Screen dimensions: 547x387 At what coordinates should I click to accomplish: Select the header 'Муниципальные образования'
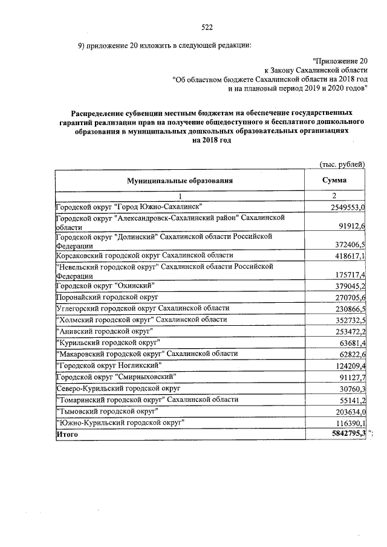(x=180, y=180)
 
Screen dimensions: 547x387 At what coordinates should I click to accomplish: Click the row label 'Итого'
(x=67, y=434)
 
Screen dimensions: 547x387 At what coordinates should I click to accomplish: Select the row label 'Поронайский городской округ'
(x=106, y=297)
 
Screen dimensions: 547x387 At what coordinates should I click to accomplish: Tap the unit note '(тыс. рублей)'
(x=342, y=164)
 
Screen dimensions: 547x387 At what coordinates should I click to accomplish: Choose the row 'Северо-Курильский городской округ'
(x=115, y=389)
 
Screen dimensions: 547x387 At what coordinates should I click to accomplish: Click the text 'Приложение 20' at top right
(x=340, y=60)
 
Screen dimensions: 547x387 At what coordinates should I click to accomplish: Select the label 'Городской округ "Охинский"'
(x=105, y=286)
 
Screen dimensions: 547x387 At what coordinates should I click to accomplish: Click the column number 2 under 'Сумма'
(x=334, y=195)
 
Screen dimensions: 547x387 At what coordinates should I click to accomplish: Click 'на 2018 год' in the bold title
(x=211, y=140)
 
